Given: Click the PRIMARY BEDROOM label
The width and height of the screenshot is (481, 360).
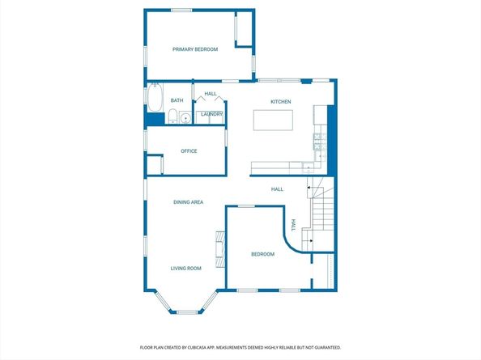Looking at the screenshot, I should click(x=195, y=49).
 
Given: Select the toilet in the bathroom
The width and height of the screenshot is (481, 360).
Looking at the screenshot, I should click(x=172, y=116).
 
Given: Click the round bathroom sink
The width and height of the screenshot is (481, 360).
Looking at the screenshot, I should click(x=185, y=117).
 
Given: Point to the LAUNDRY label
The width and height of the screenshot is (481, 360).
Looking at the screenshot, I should click(x=211, y=114).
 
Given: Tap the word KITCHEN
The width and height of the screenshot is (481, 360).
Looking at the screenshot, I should click(x=280, y=101).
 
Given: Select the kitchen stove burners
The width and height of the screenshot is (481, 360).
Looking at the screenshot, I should click(x=318, y=143).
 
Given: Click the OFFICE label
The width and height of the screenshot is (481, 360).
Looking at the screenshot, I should click(x=189, y=150).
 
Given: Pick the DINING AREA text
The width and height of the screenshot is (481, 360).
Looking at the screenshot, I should click(x=188, y=201).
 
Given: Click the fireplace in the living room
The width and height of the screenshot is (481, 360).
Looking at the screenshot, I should click(x=218, y=248).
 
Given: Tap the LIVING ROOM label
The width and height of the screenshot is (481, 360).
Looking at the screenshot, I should click(x=185, y=268).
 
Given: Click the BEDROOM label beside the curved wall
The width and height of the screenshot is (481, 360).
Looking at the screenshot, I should click(x=262, y=254).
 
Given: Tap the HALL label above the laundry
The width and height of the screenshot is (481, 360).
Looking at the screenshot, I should click(x=210, y=93).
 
